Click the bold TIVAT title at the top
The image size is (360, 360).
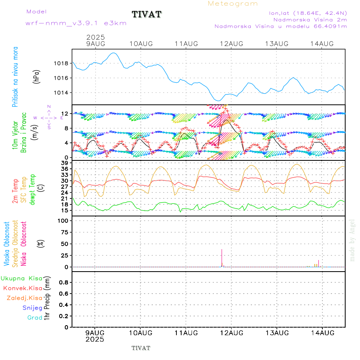pos(147,14)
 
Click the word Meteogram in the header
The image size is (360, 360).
pos(233,4)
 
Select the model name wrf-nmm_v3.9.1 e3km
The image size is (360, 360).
pos(76,23)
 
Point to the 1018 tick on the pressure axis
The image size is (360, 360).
pos(62,63)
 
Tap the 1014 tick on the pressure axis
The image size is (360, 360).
pos(62,93)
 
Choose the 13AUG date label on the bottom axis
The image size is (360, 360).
pos(277,333)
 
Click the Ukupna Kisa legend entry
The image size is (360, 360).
pos(22,278)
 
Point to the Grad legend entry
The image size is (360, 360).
pos(35,318)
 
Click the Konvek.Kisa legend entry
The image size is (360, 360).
pos(23,288)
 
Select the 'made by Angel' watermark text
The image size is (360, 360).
pos(352,240)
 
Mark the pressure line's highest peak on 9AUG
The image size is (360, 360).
pos(114,53)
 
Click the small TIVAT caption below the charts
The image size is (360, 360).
pos(141,348)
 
